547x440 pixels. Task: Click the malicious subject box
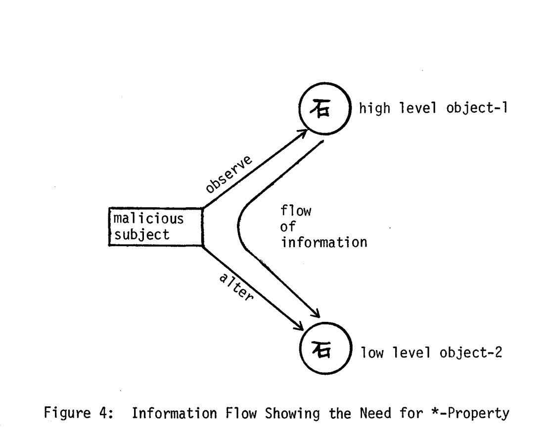coord(155,226)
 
